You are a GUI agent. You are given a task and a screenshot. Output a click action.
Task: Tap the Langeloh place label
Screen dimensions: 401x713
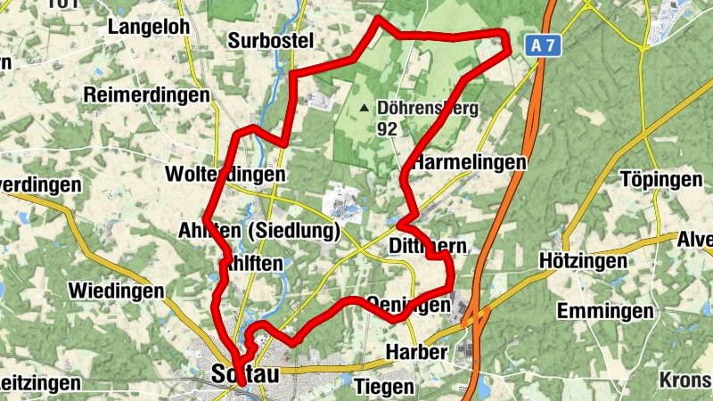coord(149,28)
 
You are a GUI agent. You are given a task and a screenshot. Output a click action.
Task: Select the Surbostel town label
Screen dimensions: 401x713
coord(271,41)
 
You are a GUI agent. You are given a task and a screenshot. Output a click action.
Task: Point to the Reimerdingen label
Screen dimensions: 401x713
coord(146,95)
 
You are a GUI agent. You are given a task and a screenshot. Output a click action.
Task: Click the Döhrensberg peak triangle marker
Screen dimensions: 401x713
coord(363,109)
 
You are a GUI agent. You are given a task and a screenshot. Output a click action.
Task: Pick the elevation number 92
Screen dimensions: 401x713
coord(387,129)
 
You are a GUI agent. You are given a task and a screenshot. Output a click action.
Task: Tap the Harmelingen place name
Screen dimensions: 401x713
coord(470,163)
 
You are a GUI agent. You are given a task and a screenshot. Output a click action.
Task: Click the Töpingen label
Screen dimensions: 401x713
coord(660,180)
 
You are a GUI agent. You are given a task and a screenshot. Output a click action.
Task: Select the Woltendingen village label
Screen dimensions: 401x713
coord(225,175)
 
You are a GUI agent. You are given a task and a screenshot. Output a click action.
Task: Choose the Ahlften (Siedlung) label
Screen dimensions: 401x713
coord(273,232)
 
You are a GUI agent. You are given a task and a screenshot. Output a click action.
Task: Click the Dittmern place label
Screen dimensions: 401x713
coord(428,245)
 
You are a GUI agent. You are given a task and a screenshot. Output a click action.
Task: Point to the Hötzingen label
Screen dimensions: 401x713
coord(578,261)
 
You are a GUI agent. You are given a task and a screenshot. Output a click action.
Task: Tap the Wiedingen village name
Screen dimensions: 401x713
coord(117,291)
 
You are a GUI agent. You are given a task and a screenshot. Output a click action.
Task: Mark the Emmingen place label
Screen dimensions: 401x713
coord(605,311)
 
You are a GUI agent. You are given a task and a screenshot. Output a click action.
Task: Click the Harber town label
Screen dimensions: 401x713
coord(416,352)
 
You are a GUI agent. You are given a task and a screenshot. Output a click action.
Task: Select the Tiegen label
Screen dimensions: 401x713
coord(384,387)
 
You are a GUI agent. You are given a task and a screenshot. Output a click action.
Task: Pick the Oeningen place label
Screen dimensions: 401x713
coord(409,304)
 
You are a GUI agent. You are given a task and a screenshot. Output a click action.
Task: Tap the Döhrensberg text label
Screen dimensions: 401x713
coord(428,109)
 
